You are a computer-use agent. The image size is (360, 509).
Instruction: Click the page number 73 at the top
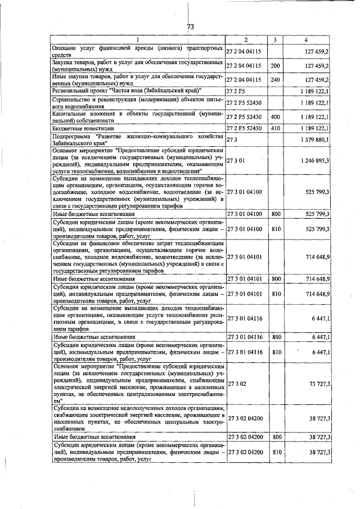click(x=190, y=26)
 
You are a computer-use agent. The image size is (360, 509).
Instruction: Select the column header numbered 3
click(x=274, y=40)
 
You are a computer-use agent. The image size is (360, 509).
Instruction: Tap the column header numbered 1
click(x=137, y=40)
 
